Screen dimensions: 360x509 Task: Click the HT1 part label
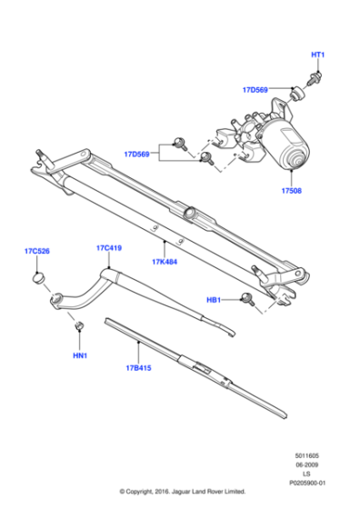[318, 55]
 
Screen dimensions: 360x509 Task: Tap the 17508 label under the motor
[292, 191]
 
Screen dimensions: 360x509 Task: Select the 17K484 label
[165, 262]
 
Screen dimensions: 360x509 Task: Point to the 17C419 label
[109, 248]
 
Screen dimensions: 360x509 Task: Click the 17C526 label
[37, 251]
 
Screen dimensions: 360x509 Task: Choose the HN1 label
[80, 355]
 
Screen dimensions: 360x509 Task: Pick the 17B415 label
[138, 368]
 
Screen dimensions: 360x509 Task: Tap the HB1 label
[214, 300]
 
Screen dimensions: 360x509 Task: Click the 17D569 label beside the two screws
[136, 154]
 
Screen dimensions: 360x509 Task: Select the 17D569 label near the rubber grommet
[255, 90]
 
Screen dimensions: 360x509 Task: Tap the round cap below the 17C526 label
[38, 278]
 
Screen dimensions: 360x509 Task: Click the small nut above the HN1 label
[79, 325]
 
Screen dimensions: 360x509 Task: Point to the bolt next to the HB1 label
[248, 299]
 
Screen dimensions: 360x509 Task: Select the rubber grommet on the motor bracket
[296, 95]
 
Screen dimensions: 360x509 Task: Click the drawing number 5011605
[306, 455]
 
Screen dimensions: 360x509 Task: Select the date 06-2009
[306, 464]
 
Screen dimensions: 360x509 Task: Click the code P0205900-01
[307, 483]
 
